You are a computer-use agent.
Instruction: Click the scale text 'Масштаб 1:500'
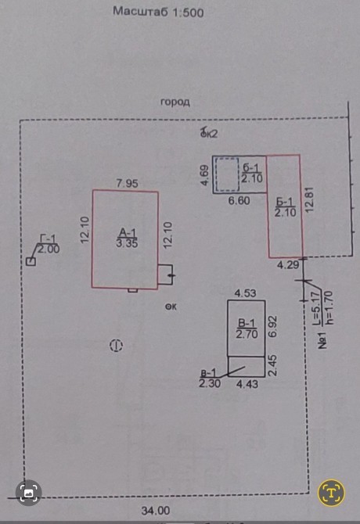[x=158, y=12]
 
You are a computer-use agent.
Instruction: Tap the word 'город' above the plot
[x=175, y=102]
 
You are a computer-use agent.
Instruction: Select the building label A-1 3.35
[x=127, y=238]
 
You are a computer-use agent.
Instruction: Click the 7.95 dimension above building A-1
[x=127, y=184]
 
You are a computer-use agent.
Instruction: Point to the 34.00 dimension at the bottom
[x=156, y=511]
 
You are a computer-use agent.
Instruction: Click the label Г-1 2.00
[x=49, y=244]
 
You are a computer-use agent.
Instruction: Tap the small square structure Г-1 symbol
[x=31, y=261]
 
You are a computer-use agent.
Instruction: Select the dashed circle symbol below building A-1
[x=117, y=346]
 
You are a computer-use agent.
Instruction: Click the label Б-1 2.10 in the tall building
[x=285, y=207]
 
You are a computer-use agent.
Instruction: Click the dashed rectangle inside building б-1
[x=227, y=174]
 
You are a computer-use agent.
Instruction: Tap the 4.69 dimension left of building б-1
[x=204, y=175]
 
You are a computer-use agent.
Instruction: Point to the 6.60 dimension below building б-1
[x=239, y=201]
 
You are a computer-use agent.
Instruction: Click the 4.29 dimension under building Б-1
[x=288, y=265]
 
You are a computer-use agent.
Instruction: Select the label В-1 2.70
[x=247, y=328]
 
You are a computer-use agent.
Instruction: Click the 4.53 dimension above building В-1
[x=246, y=293]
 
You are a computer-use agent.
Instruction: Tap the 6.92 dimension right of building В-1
[x=273, y=328]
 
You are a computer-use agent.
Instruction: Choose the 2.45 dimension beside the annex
[x=273, y=366]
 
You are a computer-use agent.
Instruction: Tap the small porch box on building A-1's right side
[x=165, y=275]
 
